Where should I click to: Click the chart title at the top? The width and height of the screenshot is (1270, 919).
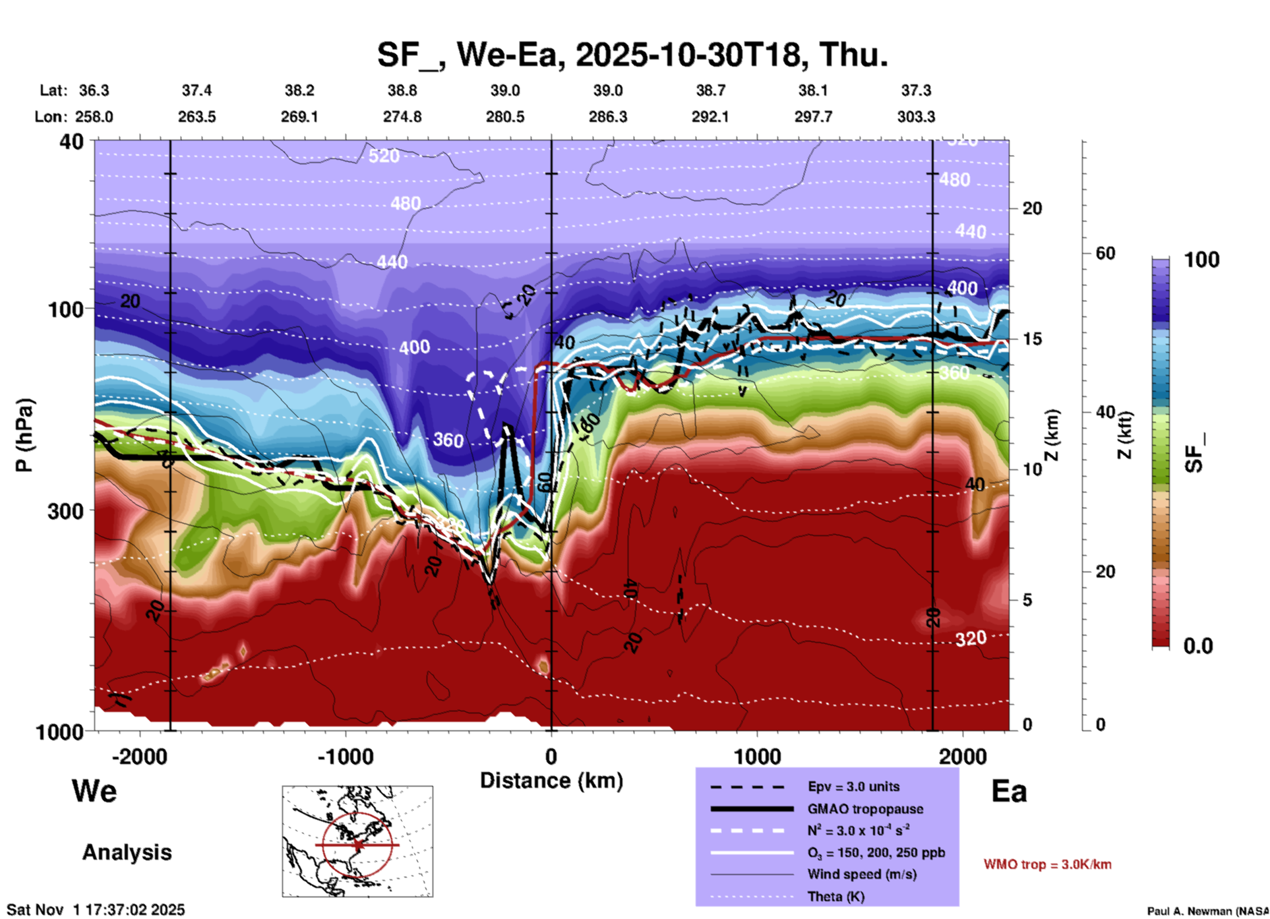tap(632, 54)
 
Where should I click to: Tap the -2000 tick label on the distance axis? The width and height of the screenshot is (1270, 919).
tap(140, 756)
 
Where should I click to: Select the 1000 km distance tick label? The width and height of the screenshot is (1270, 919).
tap(757, 756)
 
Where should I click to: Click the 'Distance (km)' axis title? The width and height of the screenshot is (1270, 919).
tap(551, 781)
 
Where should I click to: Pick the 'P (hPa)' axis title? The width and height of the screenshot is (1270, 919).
tap(24, 435)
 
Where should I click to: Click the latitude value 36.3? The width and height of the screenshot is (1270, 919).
tap(94, 90)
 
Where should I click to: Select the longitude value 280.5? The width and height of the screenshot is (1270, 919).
tap(505, 117)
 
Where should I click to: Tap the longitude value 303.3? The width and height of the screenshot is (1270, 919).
tap(916, 117)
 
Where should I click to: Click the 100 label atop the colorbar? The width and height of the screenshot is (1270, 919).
tap(1201, 260)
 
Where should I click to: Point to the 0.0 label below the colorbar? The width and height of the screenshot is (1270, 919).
tap(1198, 646)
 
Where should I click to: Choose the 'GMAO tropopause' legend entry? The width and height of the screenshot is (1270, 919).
tap(865, 809)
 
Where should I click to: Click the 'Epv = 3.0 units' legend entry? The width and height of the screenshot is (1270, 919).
tap(853, 786)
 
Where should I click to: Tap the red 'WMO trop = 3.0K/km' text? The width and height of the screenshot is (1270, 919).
tap(1047, 864)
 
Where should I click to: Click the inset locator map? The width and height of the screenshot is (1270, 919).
tap(357, 841)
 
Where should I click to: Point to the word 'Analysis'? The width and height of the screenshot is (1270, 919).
tap(127, 852)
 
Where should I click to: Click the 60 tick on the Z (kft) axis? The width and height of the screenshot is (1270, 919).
tap(1105, 253)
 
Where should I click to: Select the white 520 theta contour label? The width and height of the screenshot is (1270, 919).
tap(384, 156)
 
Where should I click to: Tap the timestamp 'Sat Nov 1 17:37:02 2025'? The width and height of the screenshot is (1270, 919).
tap(96, 910)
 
